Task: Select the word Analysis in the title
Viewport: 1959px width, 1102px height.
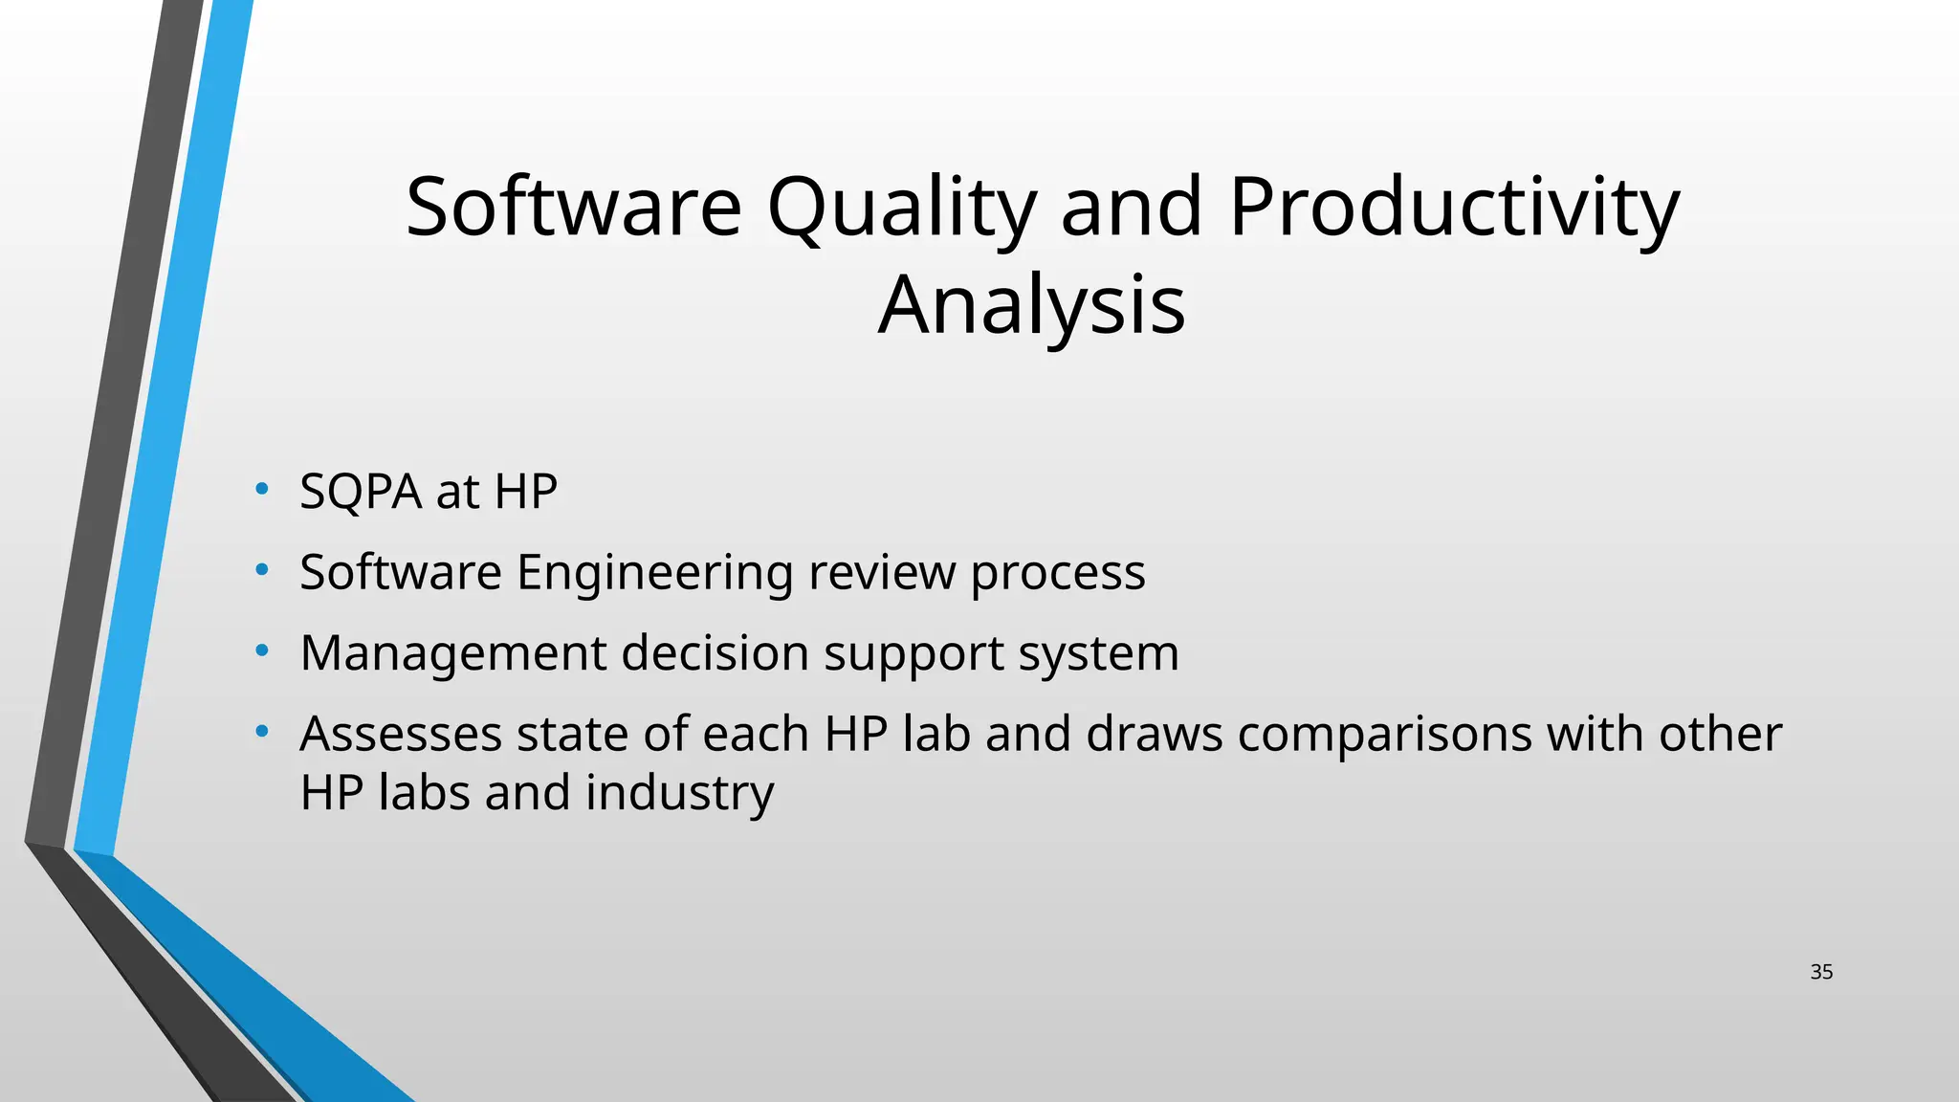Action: click(1031, 305)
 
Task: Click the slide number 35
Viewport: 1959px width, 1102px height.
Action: click(1821, 972)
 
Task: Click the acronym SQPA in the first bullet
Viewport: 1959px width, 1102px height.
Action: click(361, 492)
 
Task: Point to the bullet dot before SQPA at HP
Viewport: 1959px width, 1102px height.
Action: click(262, 490)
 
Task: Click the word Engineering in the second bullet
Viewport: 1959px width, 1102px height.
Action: click(654, 573)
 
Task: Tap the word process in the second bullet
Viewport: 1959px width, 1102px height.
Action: click(1058, 573)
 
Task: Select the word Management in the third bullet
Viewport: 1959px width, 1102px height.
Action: click(453, 653)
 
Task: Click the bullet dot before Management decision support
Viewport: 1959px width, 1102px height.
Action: click(262, 651)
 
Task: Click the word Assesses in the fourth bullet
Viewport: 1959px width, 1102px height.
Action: click(401, 735)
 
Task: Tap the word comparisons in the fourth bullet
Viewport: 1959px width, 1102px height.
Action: click(1384, 735)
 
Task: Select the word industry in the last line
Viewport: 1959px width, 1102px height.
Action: click(679, 793)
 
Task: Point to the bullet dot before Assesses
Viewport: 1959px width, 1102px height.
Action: click(262, 733)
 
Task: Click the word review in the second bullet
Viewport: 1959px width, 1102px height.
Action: click(881, 573)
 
